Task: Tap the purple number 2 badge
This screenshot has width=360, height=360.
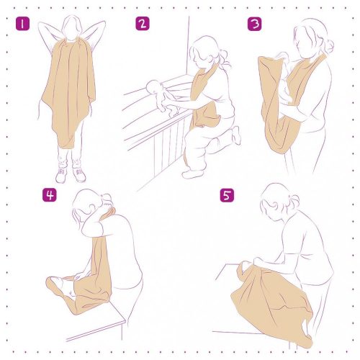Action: [x=142, y=24]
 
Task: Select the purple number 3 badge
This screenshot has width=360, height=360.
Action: [x=254, y=24]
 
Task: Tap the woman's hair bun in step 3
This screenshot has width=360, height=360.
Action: [x=328, y=45]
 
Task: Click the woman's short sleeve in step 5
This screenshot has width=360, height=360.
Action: [x=302, y=248]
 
